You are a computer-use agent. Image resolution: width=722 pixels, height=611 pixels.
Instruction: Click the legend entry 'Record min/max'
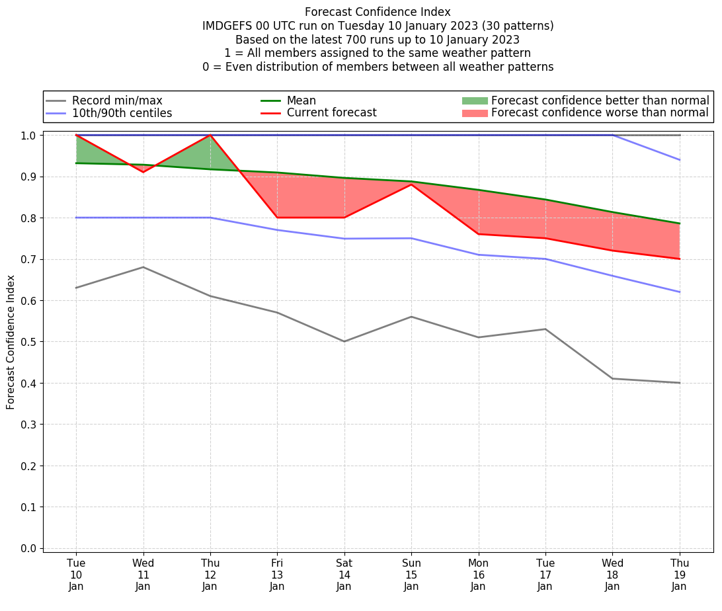click(x=117, y=101)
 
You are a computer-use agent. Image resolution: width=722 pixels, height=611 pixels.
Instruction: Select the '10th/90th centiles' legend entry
click(x=122, y=113)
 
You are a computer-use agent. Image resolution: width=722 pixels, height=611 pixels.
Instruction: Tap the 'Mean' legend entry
click(x=301, y=101)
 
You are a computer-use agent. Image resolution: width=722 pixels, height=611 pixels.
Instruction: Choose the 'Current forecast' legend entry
click(x=331, y=113)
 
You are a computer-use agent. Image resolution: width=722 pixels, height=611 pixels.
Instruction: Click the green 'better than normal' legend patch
click(x=474, y=101)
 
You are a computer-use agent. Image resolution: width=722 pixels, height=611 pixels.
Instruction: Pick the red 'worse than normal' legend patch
click(x=474, y=113)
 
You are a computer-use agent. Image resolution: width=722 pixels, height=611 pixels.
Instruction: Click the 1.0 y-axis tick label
click(x=30, y=136)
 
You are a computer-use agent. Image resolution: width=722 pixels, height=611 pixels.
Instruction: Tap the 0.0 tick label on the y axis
click(x=30, y=548)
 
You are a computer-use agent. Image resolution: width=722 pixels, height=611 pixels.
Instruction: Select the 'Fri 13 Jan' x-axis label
click(x=277, y=574)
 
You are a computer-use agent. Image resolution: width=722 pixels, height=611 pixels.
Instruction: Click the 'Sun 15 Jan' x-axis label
click(x=411, y=574)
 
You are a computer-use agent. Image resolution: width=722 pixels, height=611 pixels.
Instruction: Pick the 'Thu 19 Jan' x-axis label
click(x=679, y=574)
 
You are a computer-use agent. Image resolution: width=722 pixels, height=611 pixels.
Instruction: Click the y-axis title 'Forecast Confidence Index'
click(x=11, y=343)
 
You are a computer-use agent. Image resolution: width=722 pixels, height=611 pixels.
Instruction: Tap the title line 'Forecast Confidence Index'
click(x=378, y=12)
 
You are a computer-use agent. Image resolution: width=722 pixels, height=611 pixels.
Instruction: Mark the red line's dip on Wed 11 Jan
click(x=143, y=172)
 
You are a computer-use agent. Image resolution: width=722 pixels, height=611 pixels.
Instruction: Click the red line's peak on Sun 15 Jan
click(x=411, y=184)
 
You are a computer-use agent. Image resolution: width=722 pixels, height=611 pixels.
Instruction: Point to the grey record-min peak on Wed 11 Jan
click(x=143, y=267)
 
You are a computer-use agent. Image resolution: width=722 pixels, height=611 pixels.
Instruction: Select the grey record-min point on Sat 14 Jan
click(x=344, y=341)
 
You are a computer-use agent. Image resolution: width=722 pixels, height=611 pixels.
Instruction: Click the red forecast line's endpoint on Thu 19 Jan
click(x=679, y=259)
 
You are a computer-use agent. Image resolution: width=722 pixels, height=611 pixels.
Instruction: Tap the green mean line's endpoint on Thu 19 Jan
click(x=679, y=224)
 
